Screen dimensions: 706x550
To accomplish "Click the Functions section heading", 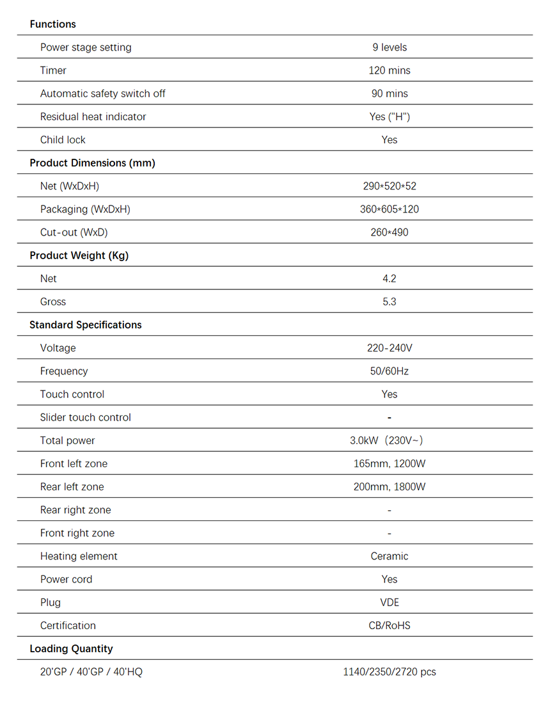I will coord(52,24).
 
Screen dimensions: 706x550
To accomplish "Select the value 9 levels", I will coord(389,47).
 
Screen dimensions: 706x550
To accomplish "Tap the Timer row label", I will coord(53,70).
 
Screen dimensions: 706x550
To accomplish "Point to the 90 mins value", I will coord(389,93).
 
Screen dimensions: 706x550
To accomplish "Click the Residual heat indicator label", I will coord(93,116).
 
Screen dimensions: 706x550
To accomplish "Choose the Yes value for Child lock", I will coord(389,140).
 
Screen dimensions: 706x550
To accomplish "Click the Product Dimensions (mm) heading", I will coord(92,163).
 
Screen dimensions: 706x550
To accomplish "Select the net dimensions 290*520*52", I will coord(389,186).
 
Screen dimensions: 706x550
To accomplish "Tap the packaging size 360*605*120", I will coord(389,209).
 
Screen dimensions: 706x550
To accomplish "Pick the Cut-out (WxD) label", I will coord(74,232).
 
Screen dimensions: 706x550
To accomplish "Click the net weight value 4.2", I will coord(389,278).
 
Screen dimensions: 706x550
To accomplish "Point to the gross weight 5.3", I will coord(389,301).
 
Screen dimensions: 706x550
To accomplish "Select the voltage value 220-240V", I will coord(389,348).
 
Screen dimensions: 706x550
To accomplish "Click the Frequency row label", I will coord(64,371).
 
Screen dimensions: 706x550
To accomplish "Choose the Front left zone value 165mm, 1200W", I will coord(389,463).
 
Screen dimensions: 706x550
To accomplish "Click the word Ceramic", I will coord(389,556).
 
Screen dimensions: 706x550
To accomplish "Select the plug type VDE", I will coord(389,602).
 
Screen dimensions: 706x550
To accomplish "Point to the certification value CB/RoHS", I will coord(389,625).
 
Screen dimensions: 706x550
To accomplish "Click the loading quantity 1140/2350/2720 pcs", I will coord(389,672).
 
